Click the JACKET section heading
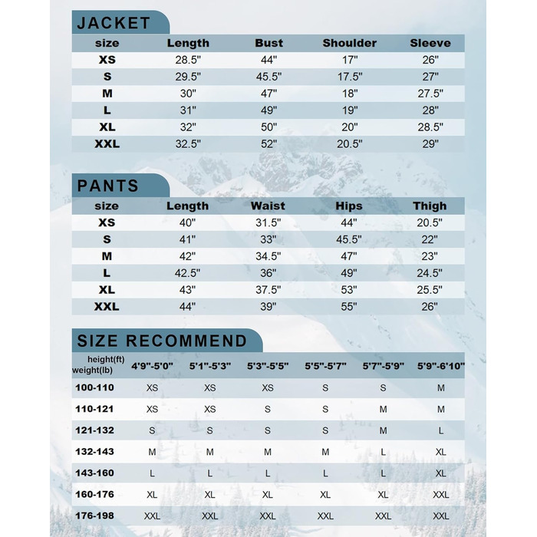[113, 23]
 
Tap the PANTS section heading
[107, 186]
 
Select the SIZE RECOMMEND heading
[162, 341]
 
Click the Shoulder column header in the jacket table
[349, 43]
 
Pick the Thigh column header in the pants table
[430, 206]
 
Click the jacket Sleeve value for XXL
[430, 143]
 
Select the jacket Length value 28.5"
[188, 60]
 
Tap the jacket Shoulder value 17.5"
[349, 77]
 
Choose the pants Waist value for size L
[268, 273]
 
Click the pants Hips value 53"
[349, 290]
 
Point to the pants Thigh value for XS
[430, 222]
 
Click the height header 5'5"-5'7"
[325, 367]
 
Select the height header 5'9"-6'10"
[440, 367]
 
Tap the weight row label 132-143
[94, 452]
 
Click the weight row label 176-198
[94, 516]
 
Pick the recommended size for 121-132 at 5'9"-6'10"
[440, 431]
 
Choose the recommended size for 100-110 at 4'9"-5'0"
[152, 388]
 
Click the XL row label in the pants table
[107, 290]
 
